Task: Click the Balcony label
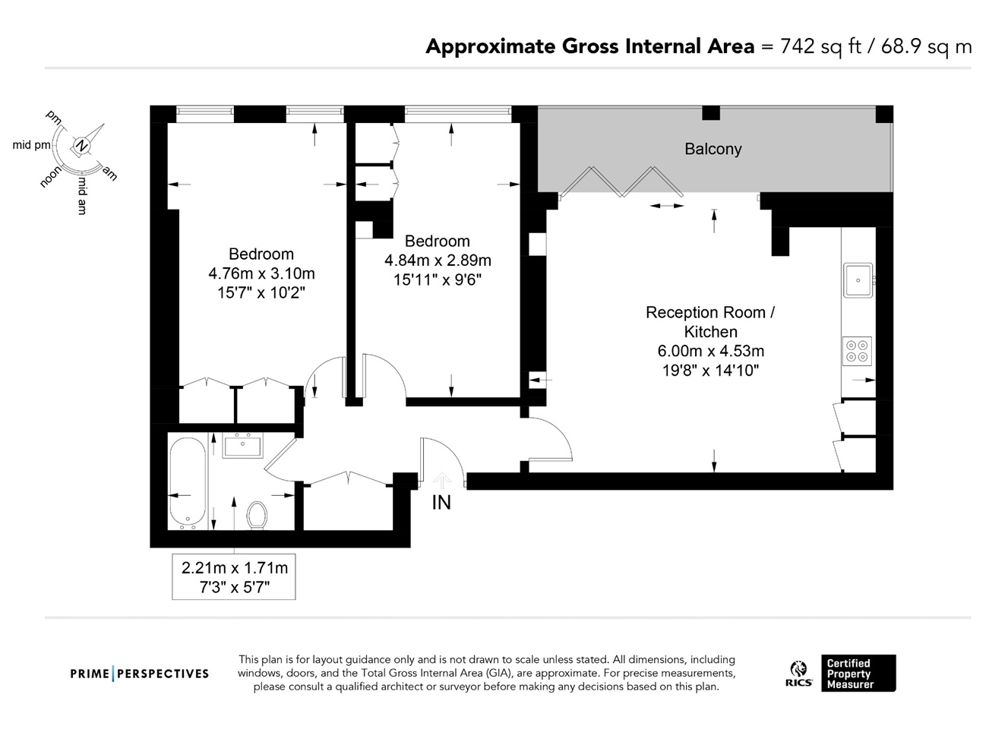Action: point(713,149)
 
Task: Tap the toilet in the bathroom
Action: point(257,516)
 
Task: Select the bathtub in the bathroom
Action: point(188,483)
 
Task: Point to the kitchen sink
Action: point(858,280)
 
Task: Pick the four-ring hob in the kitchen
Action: point(857,352)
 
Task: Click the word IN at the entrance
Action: point(441,503)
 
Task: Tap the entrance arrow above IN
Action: point(442,481)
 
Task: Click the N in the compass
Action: point(81,145)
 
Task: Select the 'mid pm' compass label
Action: point(31,145)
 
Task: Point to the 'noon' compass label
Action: point(50,176)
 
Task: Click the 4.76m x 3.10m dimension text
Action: point(261,273)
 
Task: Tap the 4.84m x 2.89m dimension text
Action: point(438,260)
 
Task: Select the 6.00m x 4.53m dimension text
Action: point(710,351)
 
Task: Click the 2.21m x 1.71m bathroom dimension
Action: point(235,568)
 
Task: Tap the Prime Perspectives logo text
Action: point(140,674)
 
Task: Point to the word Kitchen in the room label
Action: point(710,332)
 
